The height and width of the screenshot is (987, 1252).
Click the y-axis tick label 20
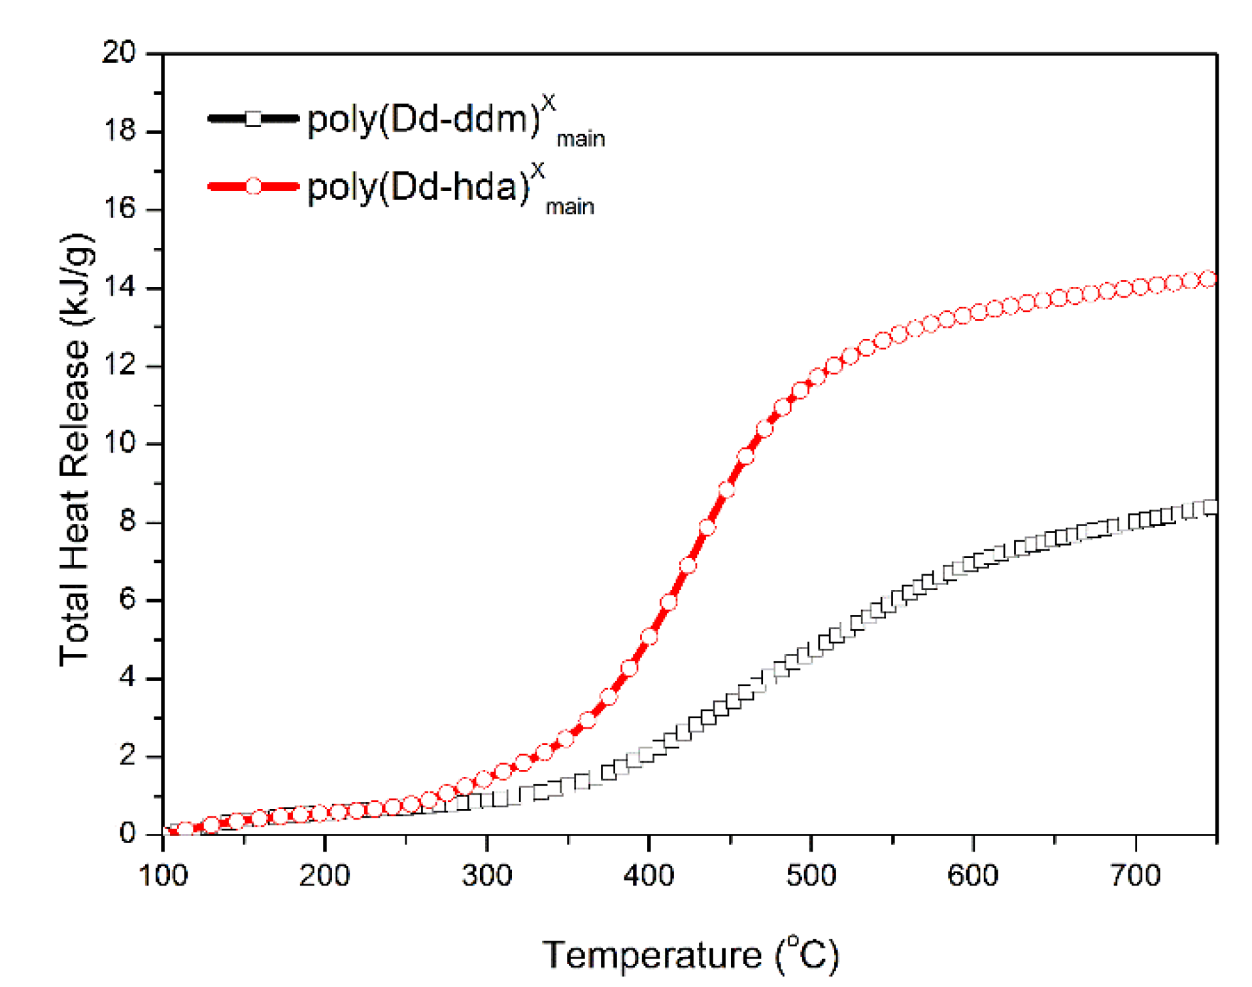[x=118, y=52]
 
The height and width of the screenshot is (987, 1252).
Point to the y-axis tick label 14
[x=118, y=286]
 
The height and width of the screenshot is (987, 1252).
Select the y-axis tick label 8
[x=127, y=521]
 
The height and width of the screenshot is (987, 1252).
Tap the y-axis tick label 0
[x=127, y=833]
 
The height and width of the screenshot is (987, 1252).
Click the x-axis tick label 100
[x=163, y=875]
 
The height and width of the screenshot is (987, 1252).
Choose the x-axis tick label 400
[x=649, y=875]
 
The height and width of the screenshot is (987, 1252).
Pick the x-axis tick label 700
[x=1136, y=875]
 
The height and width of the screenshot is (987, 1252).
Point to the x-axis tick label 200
[x=324, y=875]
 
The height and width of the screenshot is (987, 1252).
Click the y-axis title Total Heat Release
[x=76, y=450]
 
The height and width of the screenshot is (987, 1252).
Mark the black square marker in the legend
[x=253, y=118]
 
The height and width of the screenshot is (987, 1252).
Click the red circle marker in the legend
[x=253, y=186]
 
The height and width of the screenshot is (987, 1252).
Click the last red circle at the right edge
[x=1209, y=279]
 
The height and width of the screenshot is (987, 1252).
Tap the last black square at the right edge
[x=1210, y=507]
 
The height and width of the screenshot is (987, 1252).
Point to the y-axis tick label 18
[x=118, y=131]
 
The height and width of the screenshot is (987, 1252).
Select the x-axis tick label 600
[x=973, y=875]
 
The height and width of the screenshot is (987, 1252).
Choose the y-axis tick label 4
[x=127, y=677]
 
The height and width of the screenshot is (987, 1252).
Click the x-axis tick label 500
[x=811, y=875]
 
